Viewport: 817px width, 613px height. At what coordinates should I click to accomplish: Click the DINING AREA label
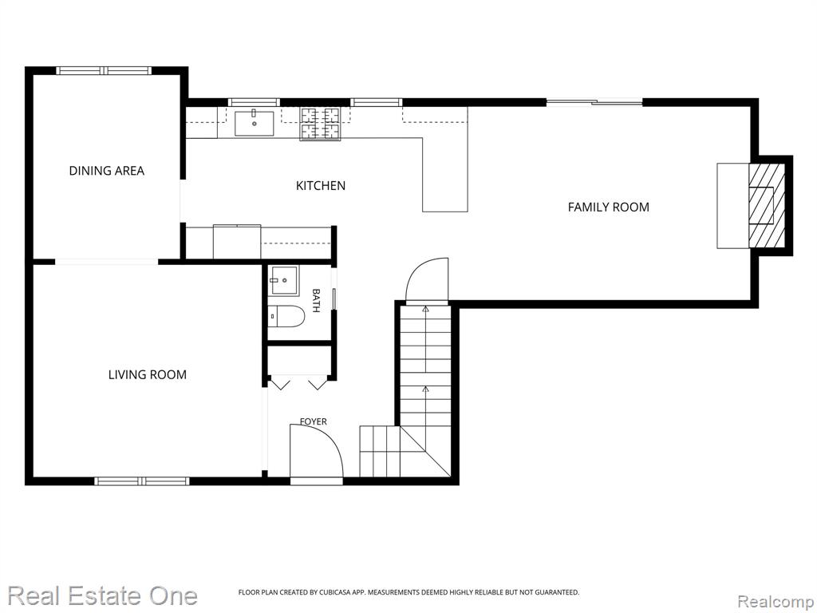pyautogui.click(x=107, y=171)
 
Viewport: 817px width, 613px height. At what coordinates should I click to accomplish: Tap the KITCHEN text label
pyautogui.click(x=321, y=185)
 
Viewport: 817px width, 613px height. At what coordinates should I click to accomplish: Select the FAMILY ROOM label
pyautogui.click(x=609, y=207)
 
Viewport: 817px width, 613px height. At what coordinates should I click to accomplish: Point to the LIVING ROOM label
pyautogui.click(x=148, y=374)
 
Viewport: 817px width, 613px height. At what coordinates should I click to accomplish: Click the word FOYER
pyautogui.click(x=313, y=421)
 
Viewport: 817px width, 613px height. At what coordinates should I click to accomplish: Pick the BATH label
pyautogui.click(x=316, y=300)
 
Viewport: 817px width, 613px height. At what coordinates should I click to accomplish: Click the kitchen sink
pyautogui.click(x=255, y=123)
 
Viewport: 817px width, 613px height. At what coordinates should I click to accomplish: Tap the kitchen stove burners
pyautogui.click(x=320, y=124)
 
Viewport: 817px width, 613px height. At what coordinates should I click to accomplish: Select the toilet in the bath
pyautogui.click(x=286, y=316)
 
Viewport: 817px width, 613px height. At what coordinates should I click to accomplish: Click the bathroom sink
pyautogui.click(x=283, y=280)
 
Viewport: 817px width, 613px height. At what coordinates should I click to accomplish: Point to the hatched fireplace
pyautogui.click(x=767, y=206)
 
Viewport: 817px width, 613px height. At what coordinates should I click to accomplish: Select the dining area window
pyautogui.click(x=104, y=70)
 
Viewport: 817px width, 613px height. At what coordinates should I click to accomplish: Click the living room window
pyautogui.click(x=142, y=481)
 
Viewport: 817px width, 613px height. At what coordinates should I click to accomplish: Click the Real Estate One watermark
pyautogui.click(x=103, y=595)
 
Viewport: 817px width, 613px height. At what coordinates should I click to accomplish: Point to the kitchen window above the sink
pyautogui.click(x=255, y=102)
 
